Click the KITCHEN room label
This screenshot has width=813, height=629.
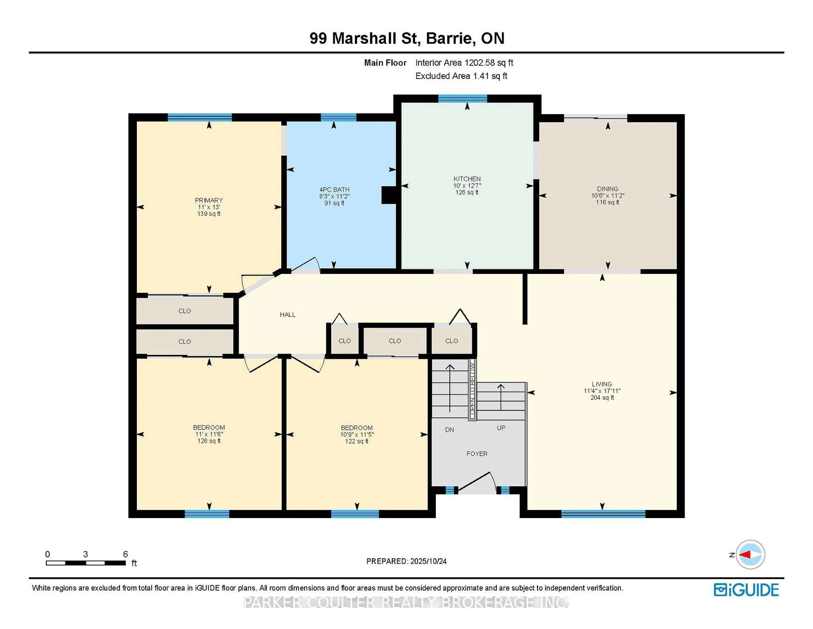pyautogui.click(x=467, y=179)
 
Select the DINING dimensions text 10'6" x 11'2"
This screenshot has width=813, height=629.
pyautogui.click(x=607, y=196)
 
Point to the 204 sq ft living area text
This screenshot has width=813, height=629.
pyautogui.click(x=602, y=398)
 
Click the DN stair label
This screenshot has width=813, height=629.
pyautogui.click(x=449, y=430)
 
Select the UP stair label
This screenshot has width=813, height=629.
pyautogui.click(x=501, y=428)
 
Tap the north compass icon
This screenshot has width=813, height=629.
pyautogui.click(x=750, y=554)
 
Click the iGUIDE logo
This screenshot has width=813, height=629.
pyautogui.click(x=746, y=590)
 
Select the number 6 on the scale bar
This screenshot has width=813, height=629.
pyautogui.click(x=126, y=554)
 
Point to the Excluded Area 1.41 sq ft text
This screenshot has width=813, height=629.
pyautogui.click(x=461, y=76)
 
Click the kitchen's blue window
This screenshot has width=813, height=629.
pyautogui.click(x=462, y=98)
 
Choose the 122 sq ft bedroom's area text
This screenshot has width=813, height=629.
pyautogui.click(x=356, y=441)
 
